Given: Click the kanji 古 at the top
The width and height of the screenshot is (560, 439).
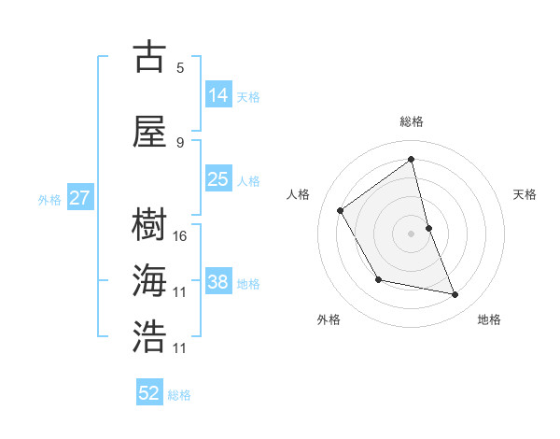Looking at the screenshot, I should (149, 57).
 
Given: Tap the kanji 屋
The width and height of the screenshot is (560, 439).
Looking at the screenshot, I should (149, 132).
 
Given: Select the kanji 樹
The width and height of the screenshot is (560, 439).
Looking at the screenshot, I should (149, 224).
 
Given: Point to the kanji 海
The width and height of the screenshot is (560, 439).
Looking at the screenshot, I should (149, 281).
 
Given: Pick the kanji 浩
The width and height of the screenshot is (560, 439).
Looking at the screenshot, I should (149, 336).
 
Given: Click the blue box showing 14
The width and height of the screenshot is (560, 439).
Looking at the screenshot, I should (218, 95).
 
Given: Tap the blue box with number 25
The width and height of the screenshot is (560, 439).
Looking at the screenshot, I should (218, 179).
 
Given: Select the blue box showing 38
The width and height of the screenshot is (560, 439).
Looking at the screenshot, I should (218, 282).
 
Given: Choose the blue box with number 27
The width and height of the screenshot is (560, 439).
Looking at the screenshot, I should (79, 198).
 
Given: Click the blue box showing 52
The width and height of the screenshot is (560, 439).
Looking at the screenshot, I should (149, 393).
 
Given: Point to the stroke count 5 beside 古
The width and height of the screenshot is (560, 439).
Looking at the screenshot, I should (180, 67).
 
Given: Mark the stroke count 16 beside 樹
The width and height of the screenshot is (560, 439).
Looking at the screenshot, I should (180, 235).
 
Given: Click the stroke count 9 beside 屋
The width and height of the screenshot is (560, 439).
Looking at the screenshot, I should (180, 142).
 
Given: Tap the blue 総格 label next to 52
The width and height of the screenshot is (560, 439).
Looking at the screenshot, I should (179, 395).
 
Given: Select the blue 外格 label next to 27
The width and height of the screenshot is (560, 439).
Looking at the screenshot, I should (49, 199).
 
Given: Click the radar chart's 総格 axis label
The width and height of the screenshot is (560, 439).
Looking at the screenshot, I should (412, 121).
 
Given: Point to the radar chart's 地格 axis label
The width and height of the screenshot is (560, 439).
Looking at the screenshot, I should (489, 319).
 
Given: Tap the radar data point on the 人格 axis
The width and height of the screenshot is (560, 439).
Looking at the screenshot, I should (341, 210).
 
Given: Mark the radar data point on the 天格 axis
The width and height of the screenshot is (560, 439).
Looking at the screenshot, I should (428, 228).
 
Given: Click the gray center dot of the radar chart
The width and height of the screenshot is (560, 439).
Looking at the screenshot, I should (411, 233).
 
